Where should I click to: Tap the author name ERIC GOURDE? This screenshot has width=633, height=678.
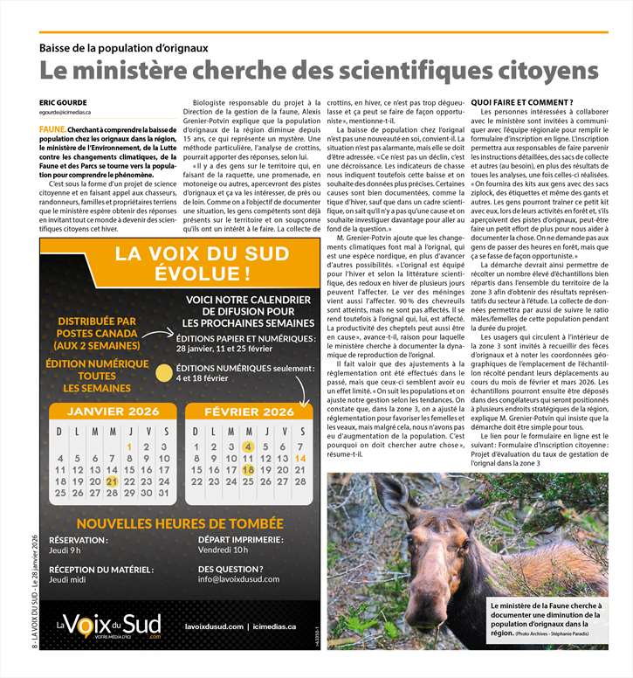click(x=64, y=103)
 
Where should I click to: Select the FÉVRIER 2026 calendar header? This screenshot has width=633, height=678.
click(x=249, y=412)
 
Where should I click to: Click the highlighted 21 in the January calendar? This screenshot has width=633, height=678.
click(x=111, y=481)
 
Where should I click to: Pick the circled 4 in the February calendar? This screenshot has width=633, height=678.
click(x=248, y=446)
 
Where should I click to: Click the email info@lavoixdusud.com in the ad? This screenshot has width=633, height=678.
click(x=238, y=579)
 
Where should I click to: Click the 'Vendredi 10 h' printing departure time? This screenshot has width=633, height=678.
click(x=223, y=550)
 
